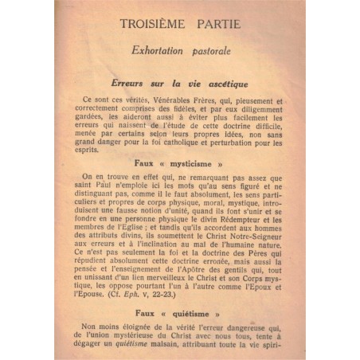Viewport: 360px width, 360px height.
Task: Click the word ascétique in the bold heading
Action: [225, 84]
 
